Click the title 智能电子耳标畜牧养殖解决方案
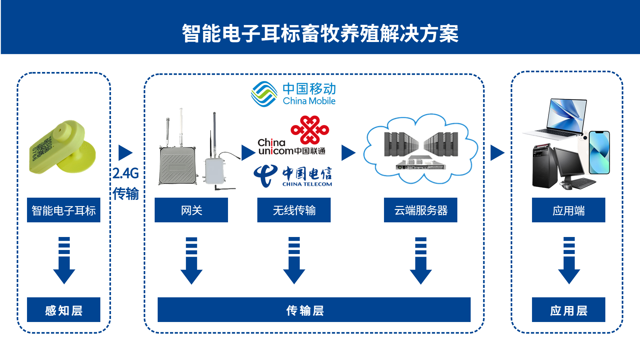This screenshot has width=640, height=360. pos(320,33)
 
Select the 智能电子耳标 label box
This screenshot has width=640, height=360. pos(64,210)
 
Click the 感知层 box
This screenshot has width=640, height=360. pos(64,310)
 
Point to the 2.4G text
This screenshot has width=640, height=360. pos(126,173)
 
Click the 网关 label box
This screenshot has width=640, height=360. pos(191,210)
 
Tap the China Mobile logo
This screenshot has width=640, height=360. pos(293,94)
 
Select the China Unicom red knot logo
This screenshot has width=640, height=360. pos(310,130)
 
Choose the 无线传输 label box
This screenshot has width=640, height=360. pos(294,210)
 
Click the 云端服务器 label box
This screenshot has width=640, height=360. pos(421,210)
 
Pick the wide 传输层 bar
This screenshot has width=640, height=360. pos(314,310)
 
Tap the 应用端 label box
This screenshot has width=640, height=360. pos(569,210)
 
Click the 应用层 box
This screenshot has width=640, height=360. pos(569,310)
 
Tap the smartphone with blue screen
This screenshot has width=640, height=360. pos(599,152)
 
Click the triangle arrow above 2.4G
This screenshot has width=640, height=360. pos(125,153)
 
